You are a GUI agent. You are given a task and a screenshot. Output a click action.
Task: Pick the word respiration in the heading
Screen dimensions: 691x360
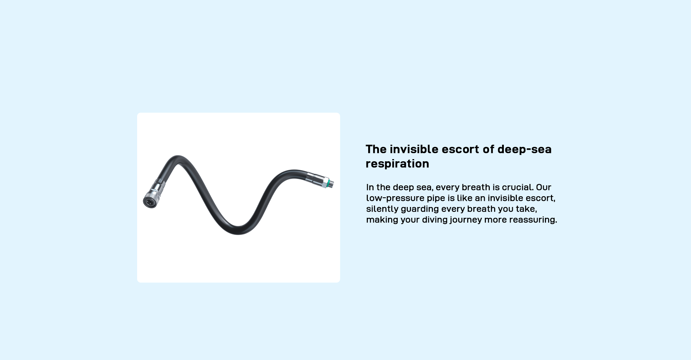point(397,164)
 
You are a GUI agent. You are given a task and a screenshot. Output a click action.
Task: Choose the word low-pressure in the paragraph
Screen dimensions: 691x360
point(395,198)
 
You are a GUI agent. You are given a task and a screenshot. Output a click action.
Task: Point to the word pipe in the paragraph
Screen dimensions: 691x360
point(436,198)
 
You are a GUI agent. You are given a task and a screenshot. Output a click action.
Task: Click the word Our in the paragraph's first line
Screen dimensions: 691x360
point(543,187)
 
